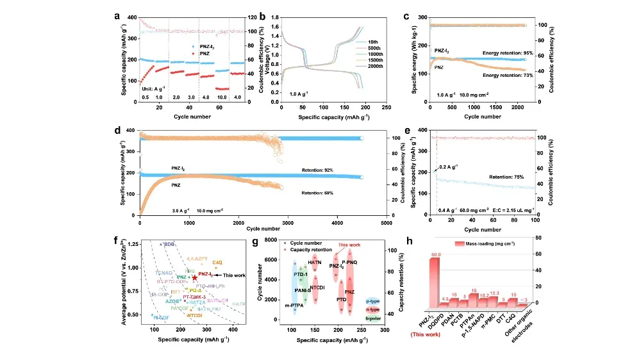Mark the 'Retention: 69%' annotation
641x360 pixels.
(316, 192)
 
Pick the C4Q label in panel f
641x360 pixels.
(217, 262)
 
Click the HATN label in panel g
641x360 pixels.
(315, 263)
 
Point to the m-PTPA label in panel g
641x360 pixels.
(294, 306)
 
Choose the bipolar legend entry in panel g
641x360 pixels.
(373, 318)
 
